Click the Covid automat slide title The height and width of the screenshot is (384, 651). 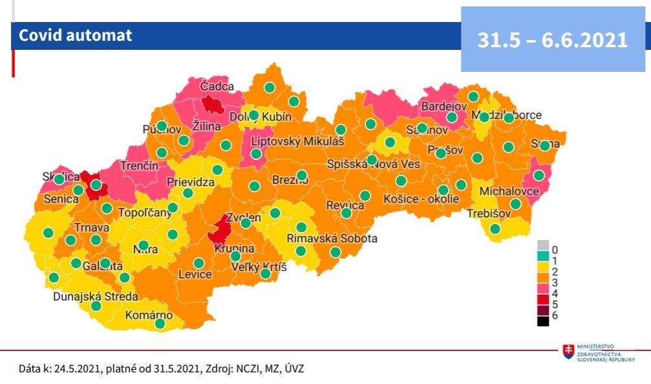(x=75, y=35)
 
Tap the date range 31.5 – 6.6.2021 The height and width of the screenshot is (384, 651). (x=553, y=40)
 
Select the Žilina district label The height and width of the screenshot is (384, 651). (x=207, y=126)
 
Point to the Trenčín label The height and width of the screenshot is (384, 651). (x=138, y=166)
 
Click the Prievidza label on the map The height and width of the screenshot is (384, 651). (x=191, y=183)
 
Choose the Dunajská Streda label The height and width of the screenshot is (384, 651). (x=95, y=297)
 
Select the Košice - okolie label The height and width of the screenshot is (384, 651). (x=422, y=199)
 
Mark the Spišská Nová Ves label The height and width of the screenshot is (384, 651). (x=373, y=164)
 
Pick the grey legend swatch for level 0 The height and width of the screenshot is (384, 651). (x=543, y=245)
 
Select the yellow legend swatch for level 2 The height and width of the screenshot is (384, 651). (x=543, y=270)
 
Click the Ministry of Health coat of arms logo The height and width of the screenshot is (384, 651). (x=569, y=352)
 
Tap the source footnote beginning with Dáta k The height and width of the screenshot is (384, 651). (x=161, y=368)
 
